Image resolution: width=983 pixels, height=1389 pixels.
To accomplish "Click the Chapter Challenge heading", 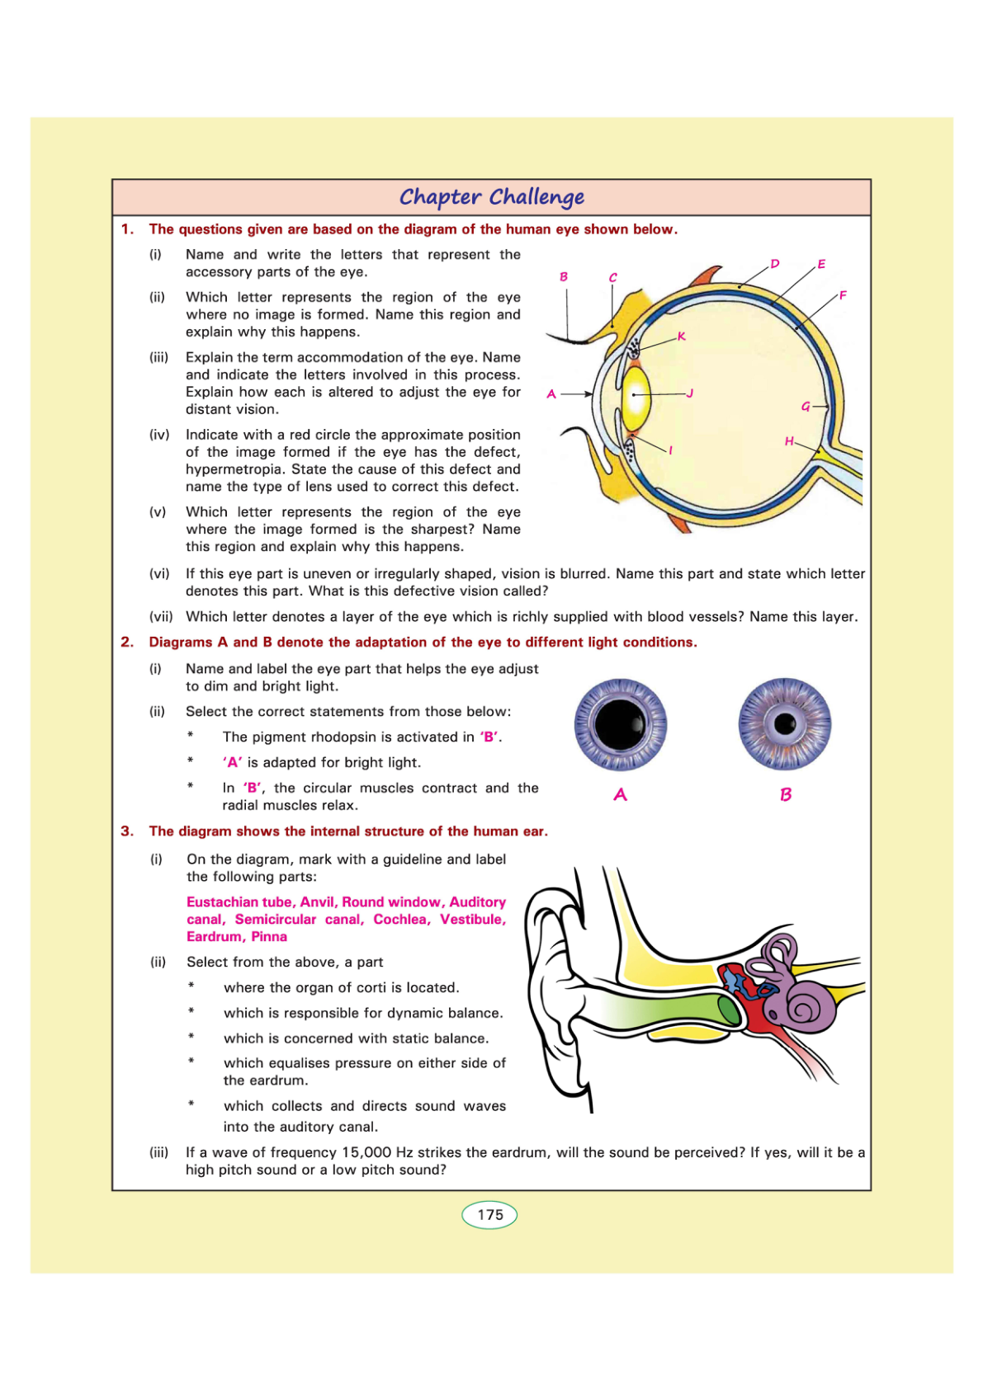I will click(492, 197).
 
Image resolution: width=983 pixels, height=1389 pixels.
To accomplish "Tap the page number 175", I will click(489, 1215).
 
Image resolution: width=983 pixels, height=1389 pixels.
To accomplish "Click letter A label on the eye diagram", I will click(551, 394).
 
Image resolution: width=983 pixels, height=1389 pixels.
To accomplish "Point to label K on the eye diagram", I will click(682, 337).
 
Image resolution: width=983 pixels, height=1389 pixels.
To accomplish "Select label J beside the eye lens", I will click(690, 393).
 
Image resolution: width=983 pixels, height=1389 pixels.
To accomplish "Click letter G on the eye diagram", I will click(806, 406).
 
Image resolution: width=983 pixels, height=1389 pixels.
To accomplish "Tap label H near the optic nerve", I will click(789, 441).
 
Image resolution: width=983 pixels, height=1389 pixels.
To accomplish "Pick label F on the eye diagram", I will click(843, 295).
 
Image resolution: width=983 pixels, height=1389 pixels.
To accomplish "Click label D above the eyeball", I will click(775, 264).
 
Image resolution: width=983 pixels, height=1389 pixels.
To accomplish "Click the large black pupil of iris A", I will click(620, 724).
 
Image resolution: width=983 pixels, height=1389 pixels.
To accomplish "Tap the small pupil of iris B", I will click(785, 724).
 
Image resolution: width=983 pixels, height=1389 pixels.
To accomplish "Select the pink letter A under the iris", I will click(621, 795).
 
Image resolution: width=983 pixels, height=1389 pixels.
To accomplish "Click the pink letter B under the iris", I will click(786, 795).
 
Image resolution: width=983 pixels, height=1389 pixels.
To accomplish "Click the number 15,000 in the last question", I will click(366, 1152).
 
